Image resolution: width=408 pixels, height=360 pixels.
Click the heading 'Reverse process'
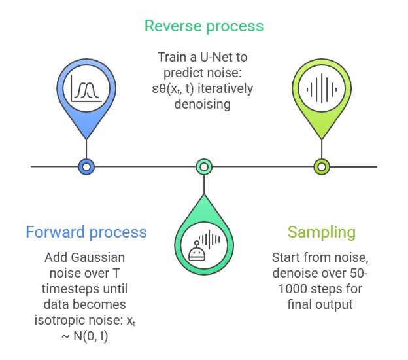click(203, 26)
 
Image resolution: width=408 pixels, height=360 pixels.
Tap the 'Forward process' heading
click(86, 232)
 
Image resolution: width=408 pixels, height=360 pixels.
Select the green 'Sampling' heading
click(322, 232)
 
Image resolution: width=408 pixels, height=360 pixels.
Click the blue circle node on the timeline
click(86, 167)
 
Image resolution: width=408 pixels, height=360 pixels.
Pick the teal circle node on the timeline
click(204, 167)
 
